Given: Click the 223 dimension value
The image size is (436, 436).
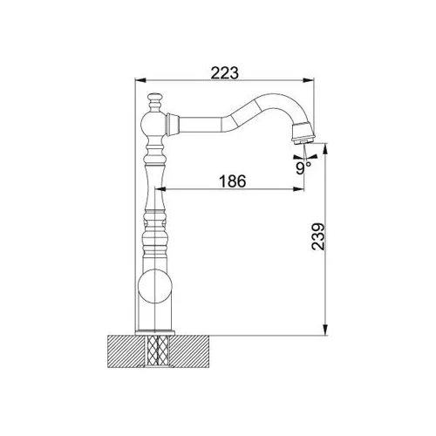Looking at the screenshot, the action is click(x=225, y=72).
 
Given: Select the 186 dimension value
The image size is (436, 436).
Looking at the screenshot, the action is click(x=232, y=181).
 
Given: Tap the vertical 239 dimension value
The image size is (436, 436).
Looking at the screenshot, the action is click(x=317, y=236).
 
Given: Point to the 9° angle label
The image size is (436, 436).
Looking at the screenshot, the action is click(x=303, y=168).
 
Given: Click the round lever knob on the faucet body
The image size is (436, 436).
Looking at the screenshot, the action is click(x=154, y=286).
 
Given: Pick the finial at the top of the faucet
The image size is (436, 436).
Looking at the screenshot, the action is click(x=154, y=103).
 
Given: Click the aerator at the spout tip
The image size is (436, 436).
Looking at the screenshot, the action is click(x=303, y=133).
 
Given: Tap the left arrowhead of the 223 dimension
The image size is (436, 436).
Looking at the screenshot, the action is click(x=140, y=80).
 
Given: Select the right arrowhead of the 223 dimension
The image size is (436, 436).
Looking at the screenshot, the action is click(x=309, y=80).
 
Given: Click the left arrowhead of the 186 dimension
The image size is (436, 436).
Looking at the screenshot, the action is click(x=160, y=189).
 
